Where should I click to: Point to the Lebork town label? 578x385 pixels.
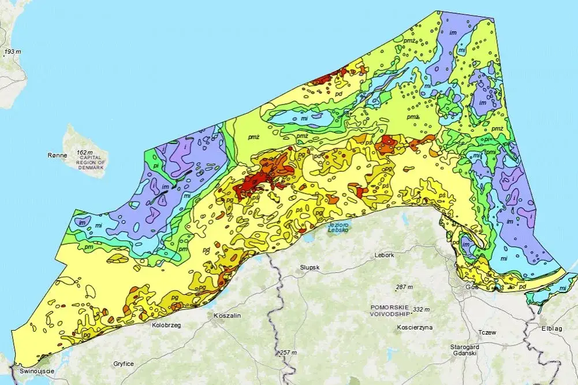(x=384, y=255)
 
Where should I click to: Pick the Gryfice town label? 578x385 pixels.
(x=124, y=364)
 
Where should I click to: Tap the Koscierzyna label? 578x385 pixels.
(x=415, y=327)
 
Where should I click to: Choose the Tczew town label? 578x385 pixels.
(x=487, y=333)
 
